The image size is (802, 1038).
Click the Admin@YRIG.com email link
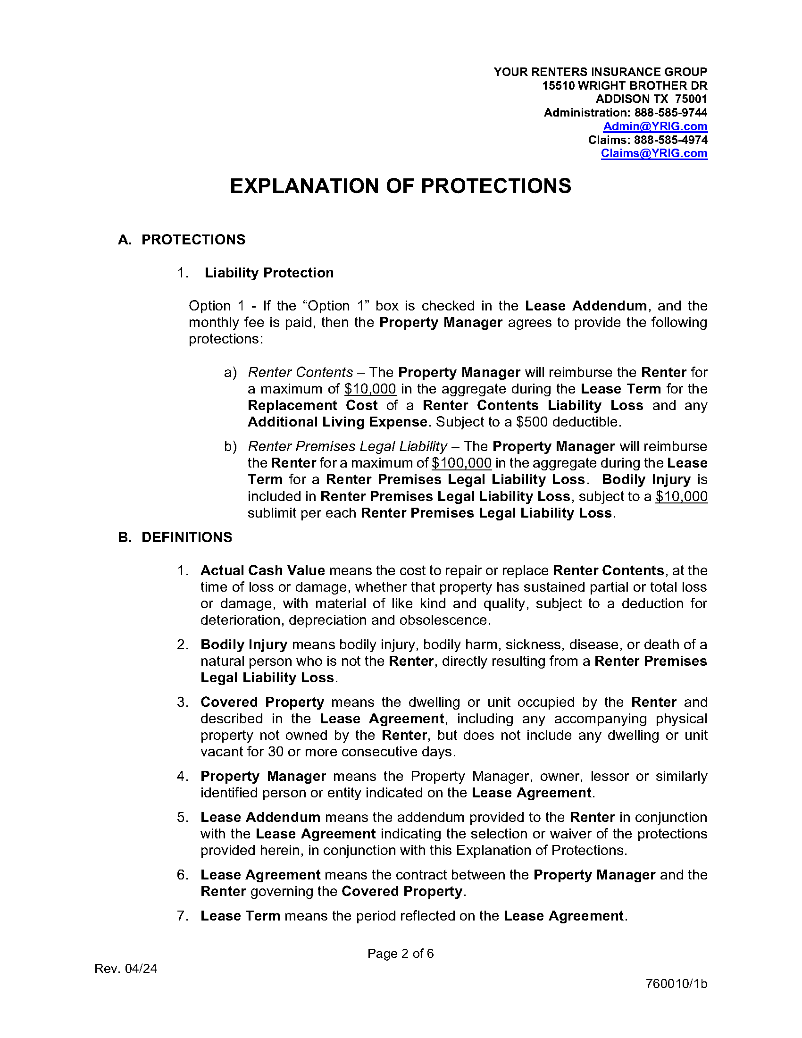[x=655, y=126]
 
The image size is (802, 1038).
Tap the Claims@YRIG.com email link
[x=654, y=153]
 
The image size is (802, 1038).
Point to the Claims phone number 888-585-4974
[x=670, y=140]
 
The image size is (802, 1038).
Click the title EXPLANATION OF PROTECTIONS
[x=401, y=186]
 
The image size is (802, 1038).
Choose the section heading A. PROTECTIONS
[x=182, y=240]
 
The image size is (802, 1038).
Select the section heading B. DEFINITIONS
[x=175, y=537]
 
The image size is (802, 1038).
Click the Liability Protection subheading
[x=269, y=273]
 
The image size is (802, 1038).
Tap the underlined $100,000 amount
[x=461, y=463]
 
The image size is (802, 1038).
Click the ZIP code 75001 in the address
[x=691, y=100]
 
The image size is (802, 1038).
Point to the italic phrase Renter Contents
[x=300, y=372]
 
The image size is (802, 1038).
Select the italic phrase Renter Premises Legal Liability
[x=347, y=446]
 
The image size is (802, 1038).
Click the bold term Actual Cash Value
[x=262, y=570]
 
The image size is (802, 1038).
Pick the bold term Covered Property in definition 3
[x=262, y=702]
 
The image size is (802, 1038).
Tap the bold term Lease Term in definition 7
[x=240, y=916]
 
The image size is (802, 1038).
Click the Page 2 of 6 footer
[x=401, y=954]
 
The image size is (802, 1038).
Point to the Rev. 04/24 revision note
[x=126, y=969]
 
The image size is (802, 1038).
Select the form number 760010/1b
[x=676, y=984]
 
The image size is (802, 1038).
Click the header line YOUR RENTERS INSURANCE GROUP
[x=600, y=72]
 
